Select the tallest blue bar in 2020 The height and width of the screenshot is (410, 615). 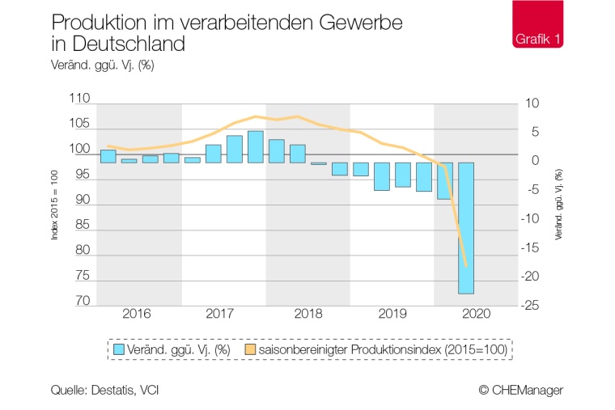(466, 227)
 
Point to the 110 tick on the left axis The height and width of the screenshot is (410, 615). (81, 99)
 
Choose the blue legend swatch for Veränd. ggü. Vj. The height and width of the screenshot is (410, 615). (119, 349)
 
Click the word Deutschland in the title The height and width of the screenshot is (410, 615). (124, 44)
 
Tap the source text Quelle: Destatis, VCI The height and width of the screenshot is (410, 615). (104, 390)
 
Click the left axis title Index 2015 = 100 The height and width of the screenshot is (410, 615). (54, 205)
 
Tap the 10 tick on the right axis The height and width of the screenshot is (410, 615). (532, 104)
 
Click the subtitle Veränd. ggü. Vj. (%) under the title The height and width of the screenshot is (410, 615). (102, 66)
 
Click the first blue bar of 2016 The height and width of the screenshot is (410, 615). (108, 156)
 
